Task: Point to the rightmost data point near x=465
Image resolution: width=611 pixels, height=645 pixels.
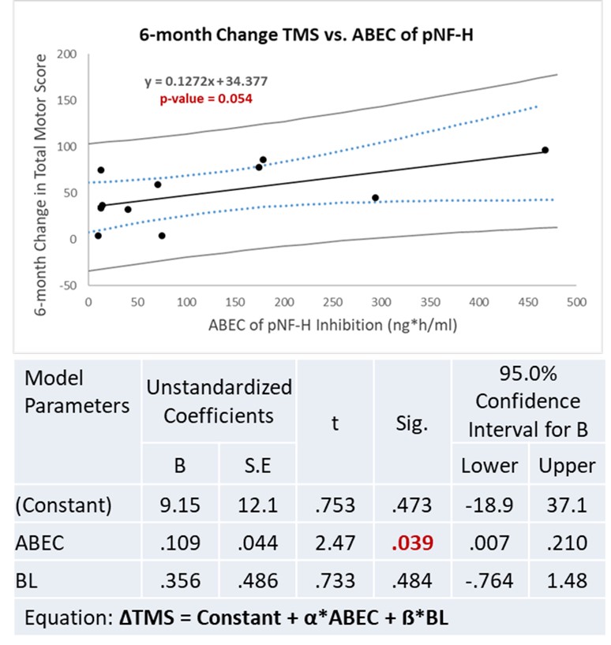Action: tap(545, 150)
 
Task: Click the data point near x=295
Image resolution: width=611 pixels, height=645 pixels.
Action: tap(375, 197)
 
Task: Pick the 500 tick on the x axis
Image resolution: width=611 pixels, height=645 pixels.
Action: tap(575, 301)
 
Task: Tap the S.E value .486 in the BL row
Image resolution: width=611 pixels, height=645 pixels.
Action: tap(257, 580)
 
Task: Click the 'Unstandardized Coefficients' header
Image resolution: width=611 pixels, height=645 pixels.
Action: tap(218, 401)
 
